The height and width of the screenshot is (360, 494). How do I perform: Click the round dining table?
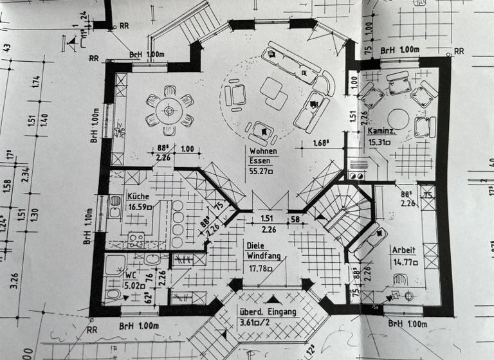[x=169, y=111]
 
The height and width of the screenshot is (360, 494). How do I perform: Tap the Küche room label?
[x=138, y=197]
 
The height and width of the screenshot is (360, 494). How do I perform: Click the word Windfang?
[x=264, y=256]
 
